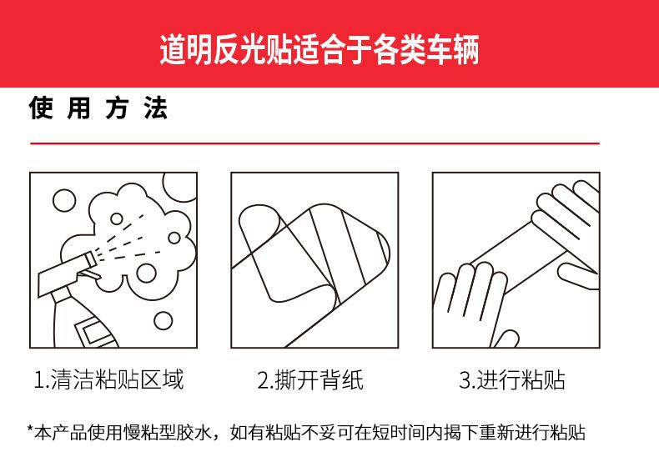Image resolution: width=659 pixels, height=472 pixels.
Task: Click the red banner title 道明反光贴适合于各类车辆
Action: (x=319, y=49)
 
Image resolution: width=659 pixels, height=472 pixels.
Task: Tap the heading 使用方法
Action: (x=98, y=108)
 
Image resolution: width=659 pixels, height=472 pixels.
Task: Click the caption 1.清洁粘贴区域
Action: (x=108, y=379)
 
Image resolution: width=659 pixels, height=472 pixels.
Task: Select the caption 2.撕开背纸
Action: (x=310, y=379)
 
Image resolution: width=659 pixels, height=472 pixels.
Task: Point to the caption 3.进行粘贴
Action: (x=512, y=379)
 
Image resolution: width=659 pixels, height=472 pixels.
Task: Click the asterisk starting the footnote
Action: (x=30, y=429)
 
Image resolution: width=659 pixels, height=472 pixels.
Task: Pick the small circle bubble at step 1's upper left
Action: (x=64, y=200)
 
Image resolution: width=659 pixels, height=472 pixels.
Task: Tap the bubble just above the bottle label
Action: (x=163, y=321)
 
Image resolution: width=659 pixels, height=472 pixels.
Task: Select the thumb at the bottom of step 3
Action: (x=506, y=339)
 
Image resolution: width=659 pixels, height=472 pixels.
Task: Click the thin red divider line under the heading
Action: (x=314, y=143)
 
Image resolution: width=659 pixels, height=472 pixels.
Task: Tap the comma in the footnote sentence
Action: (x=219, y=437)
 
